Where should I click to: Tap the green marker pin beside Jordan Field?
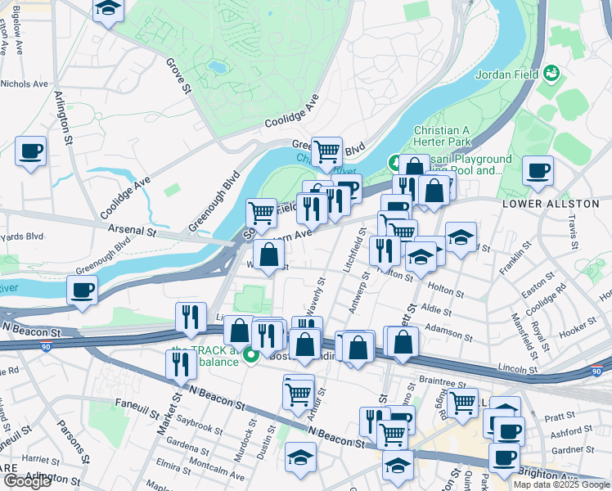[x=553, y=74]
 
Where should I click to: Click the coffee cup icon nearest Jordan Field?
[x=538, y=172]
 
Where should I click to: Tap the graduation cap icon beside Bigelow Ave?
[x=107, y=10]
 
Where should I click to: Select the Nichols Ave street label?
[x=25, y=83]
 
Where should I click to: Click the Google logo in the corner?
[x=27, y=481]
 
